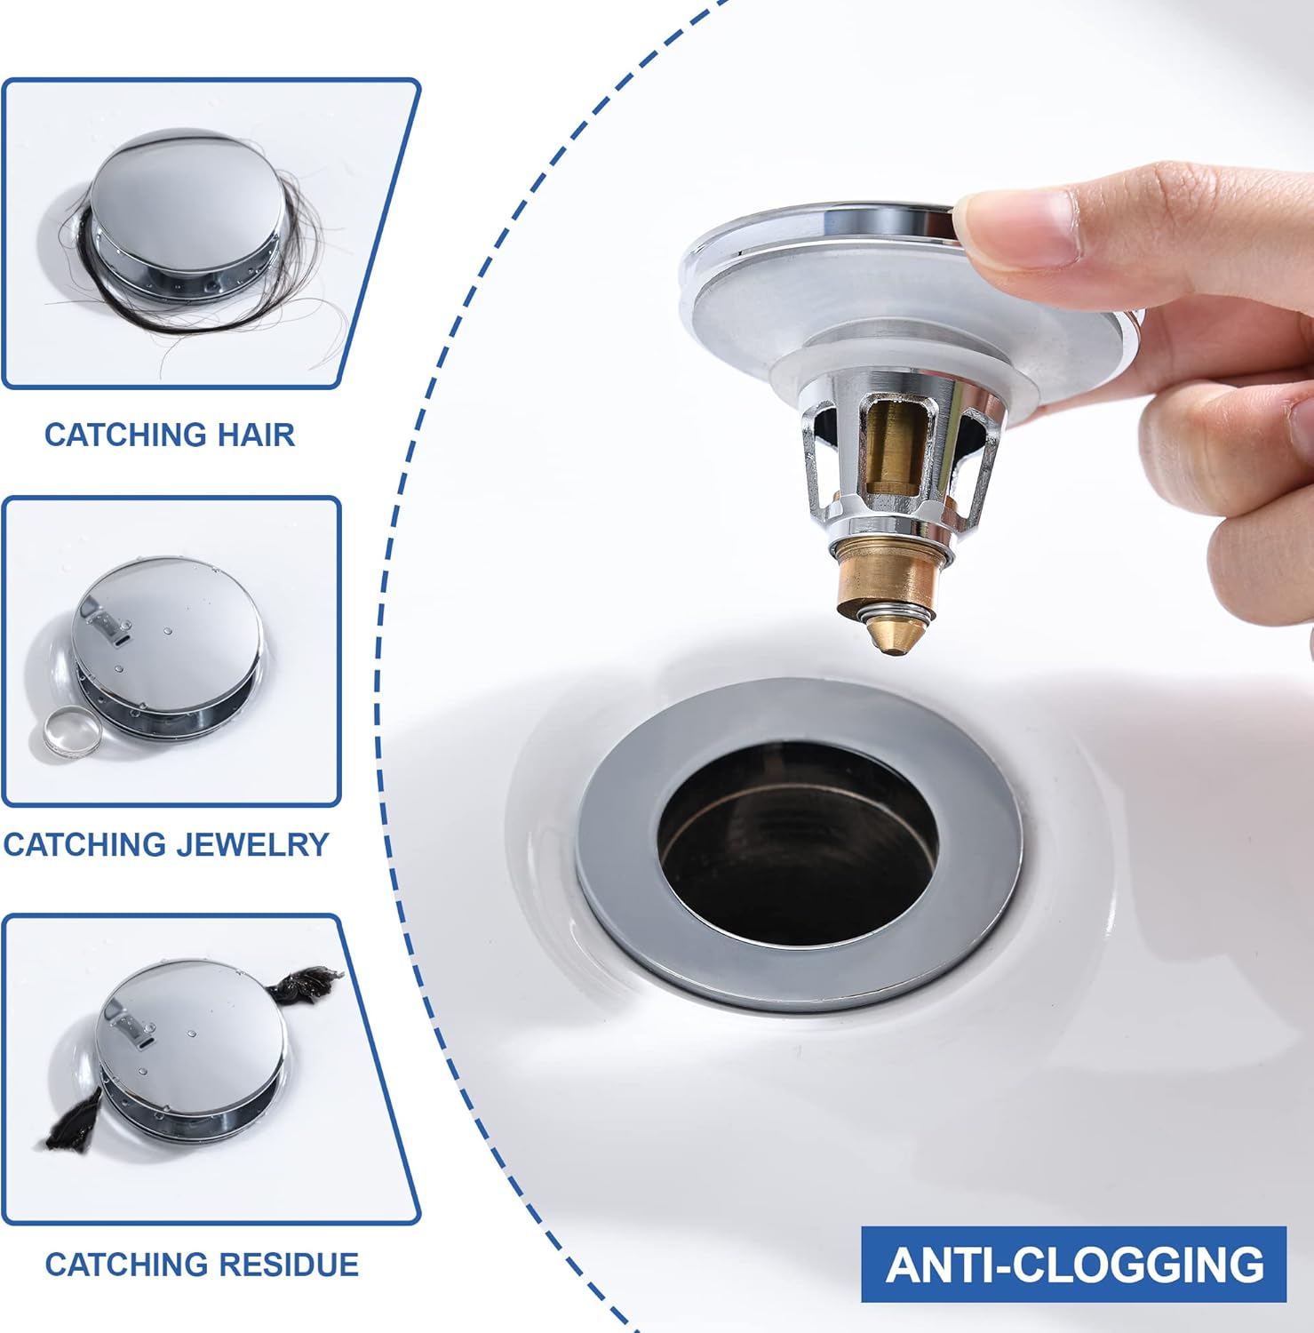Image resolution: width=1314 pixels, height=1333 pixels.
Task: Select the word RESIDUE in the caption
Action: pos(289,1264)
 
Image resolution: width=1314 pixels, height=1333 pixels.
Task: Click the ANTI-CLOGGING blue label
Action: pos(1073,1265)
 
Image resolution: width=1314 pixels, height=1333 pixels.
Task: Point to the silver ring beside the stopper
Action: pos(69,734)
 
